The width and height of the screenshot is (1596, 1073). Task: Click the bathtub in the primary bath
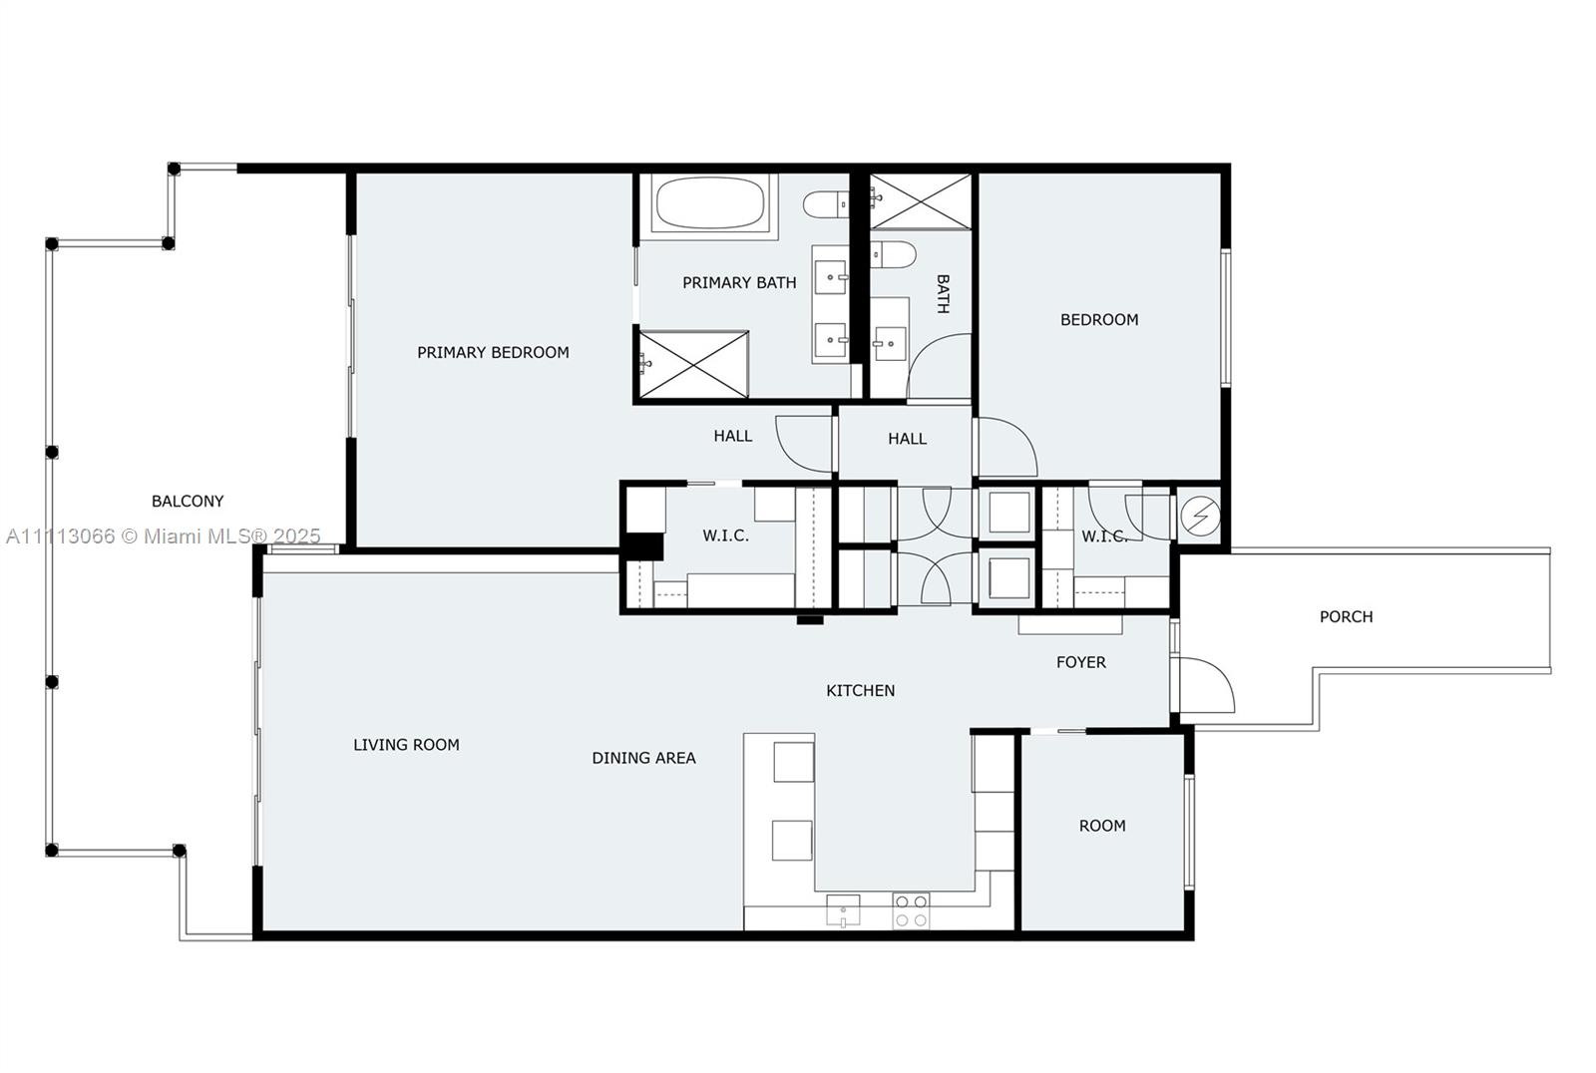[x=709, y=202]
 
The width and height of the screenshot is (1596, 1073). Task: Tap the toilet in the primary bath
[x=825, y=204]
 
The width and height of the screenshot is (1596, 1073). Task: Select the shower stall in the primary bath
[x=693, y=364]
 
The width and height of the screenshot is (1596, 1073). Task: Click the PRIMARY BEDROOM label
[x=493, y=352]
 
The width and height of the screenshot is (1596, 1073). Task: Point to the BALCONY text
[x=188, y=501]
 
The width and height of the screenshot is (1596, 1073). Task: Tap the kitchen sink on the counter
[x=843, y=909]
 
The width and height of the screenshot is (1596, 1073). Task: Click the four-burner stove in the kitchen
[x=911, y=910]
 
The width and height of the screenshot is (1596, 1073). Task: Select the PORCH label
[x=1346, y=616]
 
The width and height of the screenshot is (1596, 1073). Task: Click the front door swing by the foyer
[x=1206, y=686]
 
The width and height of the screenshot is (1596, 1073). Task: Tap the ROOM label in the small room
[x=1102, y=826]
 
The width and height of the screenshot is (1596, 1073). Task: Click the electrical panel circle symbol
[x=1200, y=516]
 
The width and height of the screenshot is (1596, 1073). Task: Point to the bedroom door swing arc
[x=1005, y=448]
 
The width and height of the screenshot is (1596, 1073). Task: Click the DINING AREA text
[x=643, y=758]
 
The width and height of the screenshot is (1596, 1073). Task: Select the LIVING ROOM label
[x=406, y=744]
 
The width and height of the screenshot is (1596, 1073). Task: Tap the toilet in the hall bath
[x=893, y=255]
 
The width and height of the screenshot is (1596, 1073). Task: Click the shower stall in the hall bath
[x=920, y=201]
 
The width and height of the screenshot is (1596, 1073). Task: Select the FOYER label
[x=1080, y=662]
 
